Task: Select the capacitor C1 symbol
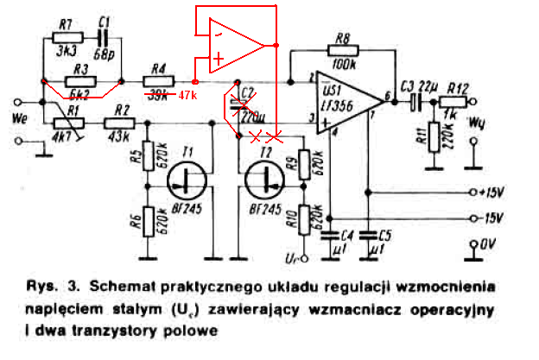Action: (103, 38)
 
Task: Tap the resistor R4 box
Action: (158, 81)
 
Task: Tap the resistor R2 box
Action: (117, 123)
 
